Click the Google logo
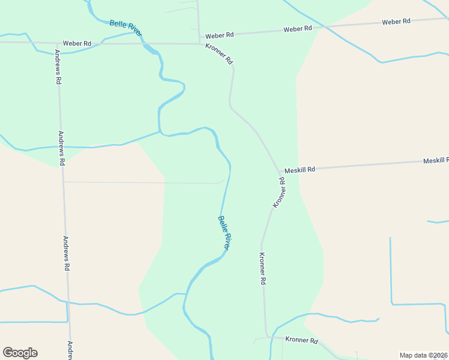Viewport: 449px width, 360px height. (20, 353)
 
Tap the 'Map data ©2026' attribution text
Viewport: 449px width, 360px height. (423, 355)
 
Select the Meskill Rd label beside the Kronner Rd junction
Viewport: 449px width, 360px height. (300, 170)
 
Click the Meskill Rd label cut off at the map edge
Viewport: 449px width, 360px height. (436, 161)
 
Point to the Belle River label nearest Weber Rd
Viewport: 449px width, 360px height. (126, 28)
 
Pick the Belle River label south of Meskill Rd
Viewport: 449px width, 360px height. (224, 233)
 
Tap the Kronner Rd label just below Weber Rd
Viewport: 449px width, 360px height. (219, 54)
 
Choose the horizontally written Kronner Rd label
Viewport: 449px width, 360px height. (301, 340)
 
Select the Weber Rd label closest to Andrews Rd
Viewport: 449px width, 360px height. (77, 44)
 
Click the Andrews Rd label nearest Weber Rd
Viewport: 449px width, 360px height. (58, 67)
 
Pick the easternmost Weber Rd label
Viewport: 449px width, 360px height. (396, 22)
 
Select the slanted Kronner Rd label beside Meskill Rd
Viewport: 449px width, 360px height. (279, 193)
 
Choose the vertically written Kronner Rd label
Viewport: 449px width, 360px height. (262, 268)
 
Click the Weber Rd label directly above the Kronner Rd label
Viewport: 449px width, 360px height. (219, 36)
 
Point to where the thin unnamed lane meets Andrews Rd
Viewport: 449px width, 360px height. (63, 181)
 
